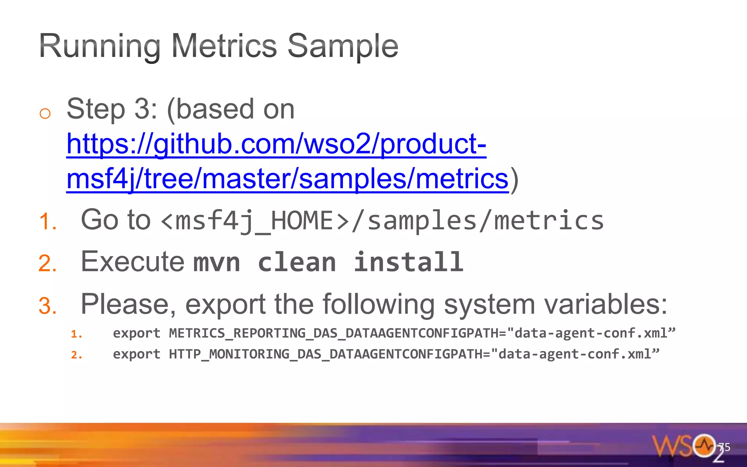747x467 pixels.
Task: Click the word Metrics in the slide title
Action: (224, 46)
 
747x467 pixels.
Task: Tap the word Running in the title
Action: (100, 47)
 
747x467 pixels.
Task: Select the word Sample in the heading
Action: (343, 47)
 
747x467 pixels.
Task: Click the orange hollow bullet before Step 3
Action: (45, 113)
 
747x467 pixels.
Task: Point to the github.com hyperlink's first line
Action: (276, 144)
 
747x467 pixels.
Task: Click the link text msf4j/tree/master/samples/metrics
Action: (287, 179)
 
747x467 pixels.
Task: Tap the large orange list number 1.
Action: (48, 221)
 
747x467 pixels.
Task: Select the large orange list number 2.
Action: (48, 263)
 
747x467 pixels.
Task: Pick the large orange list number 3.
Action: (48, 305)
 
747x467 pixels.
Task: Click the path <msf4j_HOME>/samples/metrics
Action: (382, 221)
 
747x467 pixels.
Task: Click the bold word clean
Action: (297, 262)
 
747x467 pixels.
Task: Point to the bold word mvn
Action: (216, 263)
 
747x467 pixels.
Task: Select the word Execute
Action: (133, 262)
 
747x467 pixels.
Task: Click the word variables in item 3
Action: (606, 304)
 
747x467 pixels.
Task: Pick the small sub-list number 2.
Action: (76, 355)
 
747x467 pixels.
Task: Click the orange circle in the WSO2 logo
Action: (704, 445)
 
